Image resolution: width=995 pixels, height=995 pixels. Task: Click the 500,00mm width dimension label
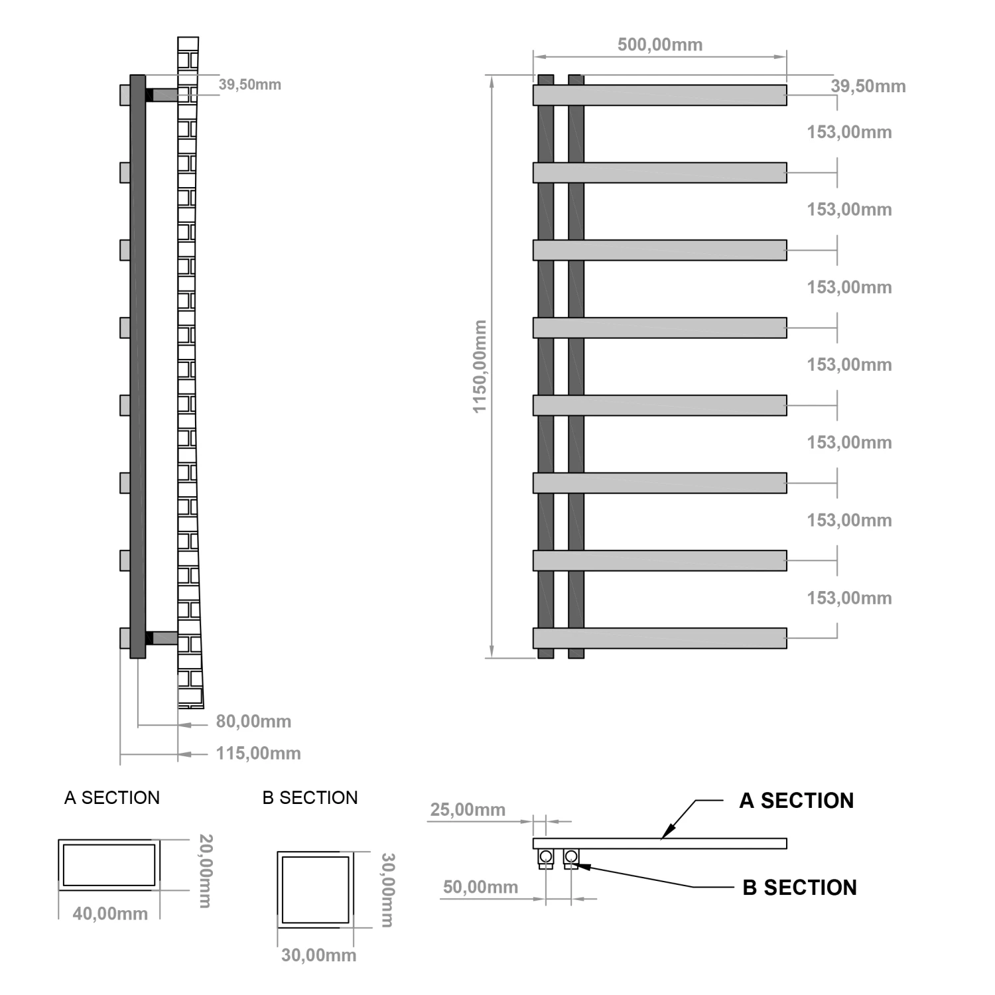[659, 44]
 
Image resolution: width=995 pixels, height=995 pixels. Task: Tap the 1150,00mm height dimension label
[480, 366]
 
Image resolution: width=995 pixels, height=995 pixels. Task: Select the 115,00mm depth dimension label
[258, 753]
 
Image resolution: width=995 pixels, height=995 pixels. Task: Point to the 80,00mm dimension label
[253, 721]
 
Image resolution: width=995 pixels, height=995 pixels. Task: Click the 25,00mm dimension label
[468, 809]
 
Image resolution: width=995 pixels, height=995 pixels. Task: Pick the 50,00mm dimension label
[480, 887]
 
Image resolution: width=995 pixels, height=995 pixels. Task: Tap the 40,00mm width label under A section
[110, 913]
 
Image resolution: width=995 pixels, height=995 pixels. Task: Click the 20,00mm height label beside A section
[206, 871]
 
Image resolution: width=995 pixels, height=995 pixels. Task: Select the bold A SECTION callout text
[797, 801]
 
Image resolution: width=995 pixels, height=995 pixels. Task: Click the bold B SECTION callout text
[799, 888]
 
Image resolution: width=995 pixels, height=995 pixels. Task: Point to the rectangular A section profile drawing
[109, 865]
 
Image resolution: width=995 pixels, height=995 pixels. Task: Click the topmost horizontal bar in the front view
[660, 95]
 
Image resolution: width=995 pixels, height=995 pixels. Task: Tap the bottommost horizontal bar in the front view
[660, 638]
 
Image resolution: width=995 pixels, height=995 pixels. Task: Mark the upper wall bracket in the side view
[161, 95]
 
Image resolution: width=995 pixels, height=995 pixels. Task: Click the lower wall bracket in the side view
[161, 638]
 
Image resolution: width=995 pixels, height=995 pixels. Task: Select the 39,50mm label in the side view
[250, 84]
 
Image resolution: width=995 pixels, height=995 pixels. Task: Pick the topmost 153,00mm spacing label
[849, 132]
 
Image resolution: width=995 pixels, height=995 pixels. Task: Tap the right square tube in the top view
[571, 857]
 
